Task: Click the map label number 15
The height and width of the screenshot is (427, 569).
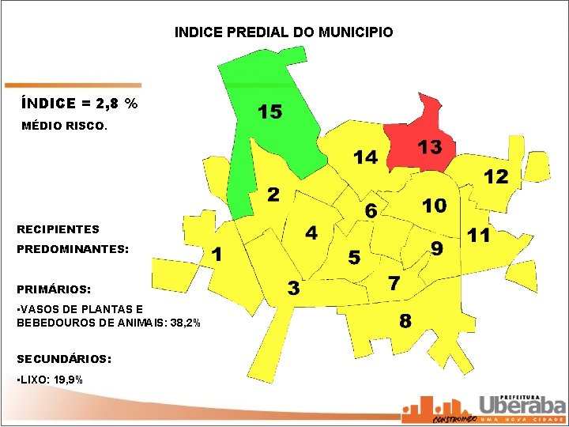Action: tap(270, 111)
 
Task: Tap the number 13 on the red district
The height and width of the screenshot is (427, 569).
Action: tap(430, 147)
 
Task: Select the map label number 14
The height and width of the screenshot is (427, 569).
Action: tap(366, 157)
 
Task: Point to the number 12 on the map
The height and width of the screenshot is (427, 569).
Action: tap(496, 176)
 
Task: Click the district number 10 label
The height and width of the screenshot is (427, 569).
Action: tap(435, 206)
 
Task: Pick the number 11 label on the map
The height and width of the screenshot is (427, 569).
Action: tap(479, 235)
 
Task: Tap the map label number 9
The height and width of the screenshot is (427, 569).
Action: tap(436, 248)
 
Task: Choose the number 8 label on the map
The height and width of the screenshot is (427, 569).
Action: tap(405, 320)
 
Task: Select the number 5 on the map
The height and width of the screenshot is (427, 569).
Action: tap(355, 258)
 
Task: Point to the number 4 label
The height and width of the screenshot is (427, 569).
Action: tap(311, 232)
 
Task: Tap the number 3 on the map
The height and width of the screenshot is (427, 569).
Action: tap(293, 288)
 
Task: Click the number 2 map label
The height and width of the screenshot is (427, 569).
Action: tap(273, 194)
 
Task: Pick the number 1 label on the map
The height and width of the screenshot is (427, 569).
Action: tap(217, 254)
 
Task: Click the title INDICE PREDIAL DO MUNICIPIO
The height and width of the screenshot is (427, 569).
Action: tap(284, 32)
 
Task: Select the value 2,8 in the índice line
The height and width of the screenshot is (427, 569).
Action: tap(107, 104)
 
